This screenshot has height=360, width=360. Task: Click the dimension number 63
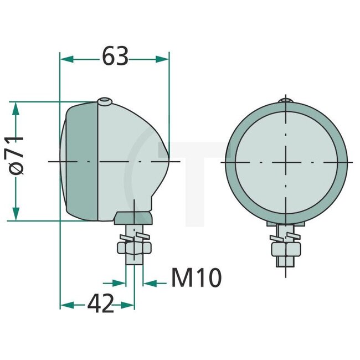pyautogui.click(x=115, y=56)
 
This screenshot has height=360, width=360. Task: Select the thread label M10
pyautogui.click(x=196, y=277)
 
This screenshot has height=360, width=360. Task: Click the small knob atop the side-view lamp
pyautogui.click(x=105, y=101)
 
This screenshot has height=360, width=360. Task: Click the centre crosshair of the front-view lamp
pyautogui.click(x=286, y=161)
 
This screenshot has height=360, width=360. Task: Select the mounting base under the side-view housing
pyautogui.click(x=133, y=217)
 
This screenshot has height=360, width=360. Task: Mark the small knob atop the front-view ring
pyautogui.click(x=286, y=100)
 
